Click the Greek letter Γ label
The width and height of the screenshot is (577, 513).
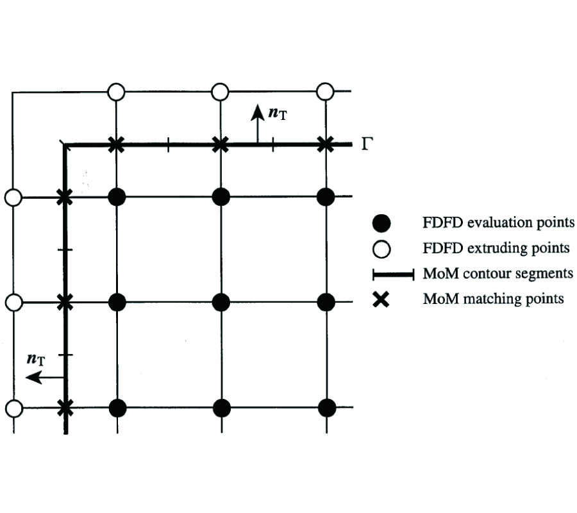(367, 143)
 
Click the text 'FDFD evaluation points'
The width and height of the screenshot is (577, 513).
(498, 223)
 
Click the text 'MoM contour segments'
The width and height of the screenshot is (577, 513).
(498, 274)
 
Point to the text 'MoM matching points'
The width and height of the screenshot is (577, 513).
(493, 299)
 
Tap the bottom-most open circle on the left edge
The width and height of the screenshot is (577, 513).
(13, 408)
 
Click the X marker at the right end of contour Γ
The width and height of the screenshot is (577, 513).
(326, 144)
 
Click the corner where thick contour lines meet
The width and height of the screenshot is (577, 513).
(64, 146)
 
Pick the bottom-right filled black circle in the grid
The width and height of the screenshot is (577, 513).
(326, 408)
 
